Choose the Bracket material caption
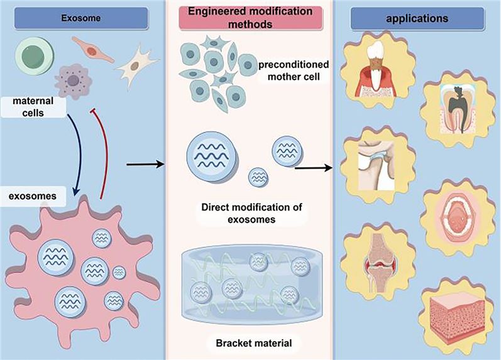click(x=248, y=344)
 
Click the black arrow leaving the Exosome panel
click(x=145, y=165)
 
